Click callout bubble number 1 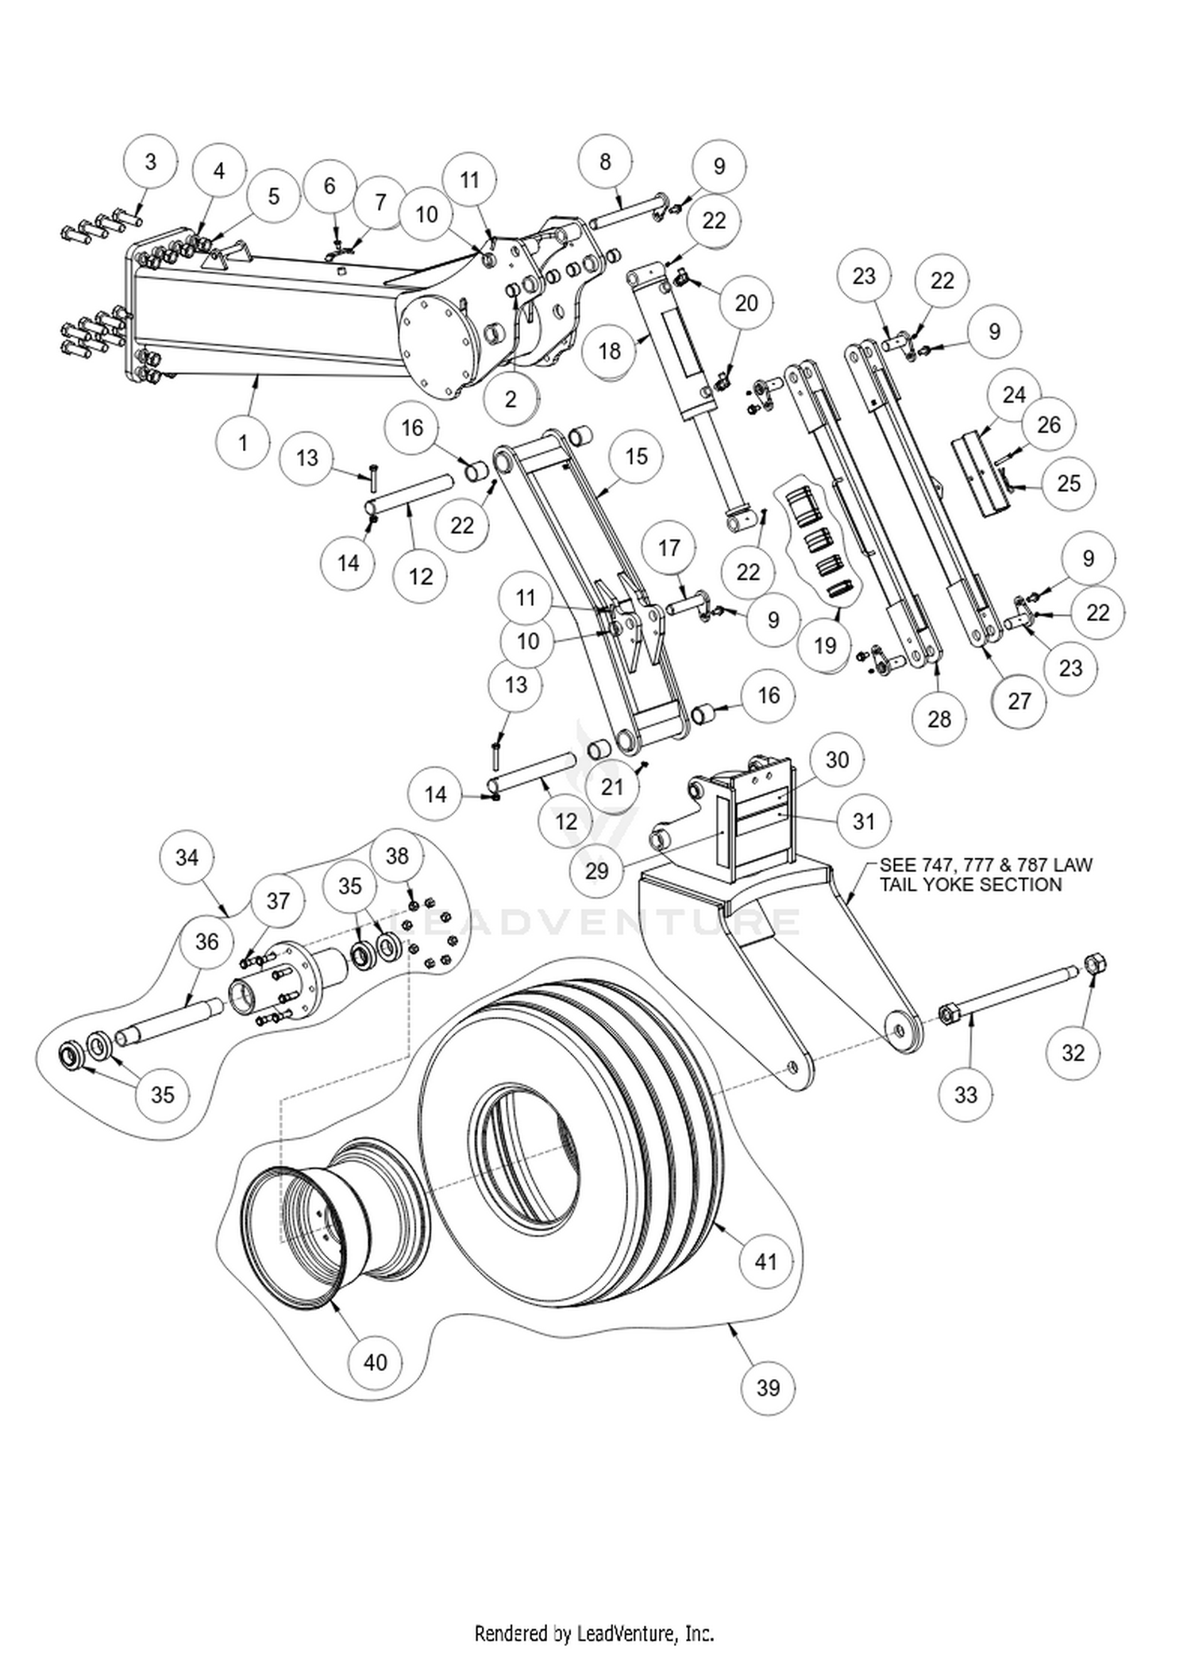click(243, 442)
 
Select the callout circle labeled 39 click(767, 1388)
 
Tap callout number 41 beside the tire click(765, 1261)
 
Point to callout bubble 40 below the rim click(375, 1362)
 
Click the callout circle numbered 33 click(966, 1095)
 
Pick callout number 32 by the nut click(1073, 1052)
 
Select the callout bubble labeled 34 click(187, 857)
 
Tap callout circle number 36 click(206, 941)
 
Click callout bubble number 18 click(609, 350)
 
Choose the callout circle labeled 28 click(939, 719)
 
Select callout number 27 click(1019, 701)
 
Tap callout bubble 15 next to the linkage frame click(636, 456)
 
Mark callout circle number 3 click(151, 162)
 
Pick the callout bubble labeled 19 click(825, 645)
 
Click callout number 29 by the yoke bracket click(596, 871)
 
